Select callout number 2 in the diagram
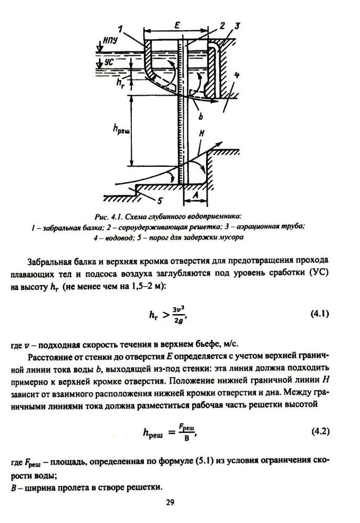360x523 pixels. (221, 26)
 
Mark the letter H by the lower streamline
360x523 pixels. (201, 134)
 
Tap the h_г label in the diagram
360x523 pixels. (120, 83)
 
